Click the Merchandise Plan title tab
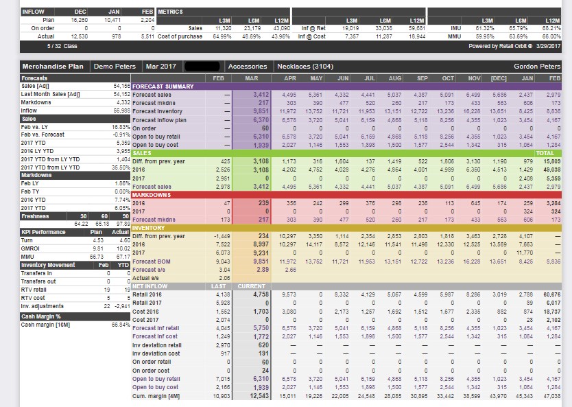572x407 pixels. click(x=53, y=67)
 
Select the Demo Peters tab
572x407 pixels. click(x=114, y=67)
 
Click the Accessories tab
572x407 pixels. click(x=247, y=67)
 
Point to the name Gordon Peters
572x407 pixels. click(x=537, y=67)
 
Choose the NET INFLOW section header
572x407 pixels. click(x=150, y=286)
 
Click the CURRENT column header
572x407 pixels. click(x=252, y=286)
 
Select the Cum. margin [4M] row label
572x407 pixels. click(x=156, y=397)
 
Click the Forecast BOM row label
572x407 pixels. click(x=152, y=261)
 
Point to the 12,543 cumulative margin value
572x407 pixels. click(x=257, y=397)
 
